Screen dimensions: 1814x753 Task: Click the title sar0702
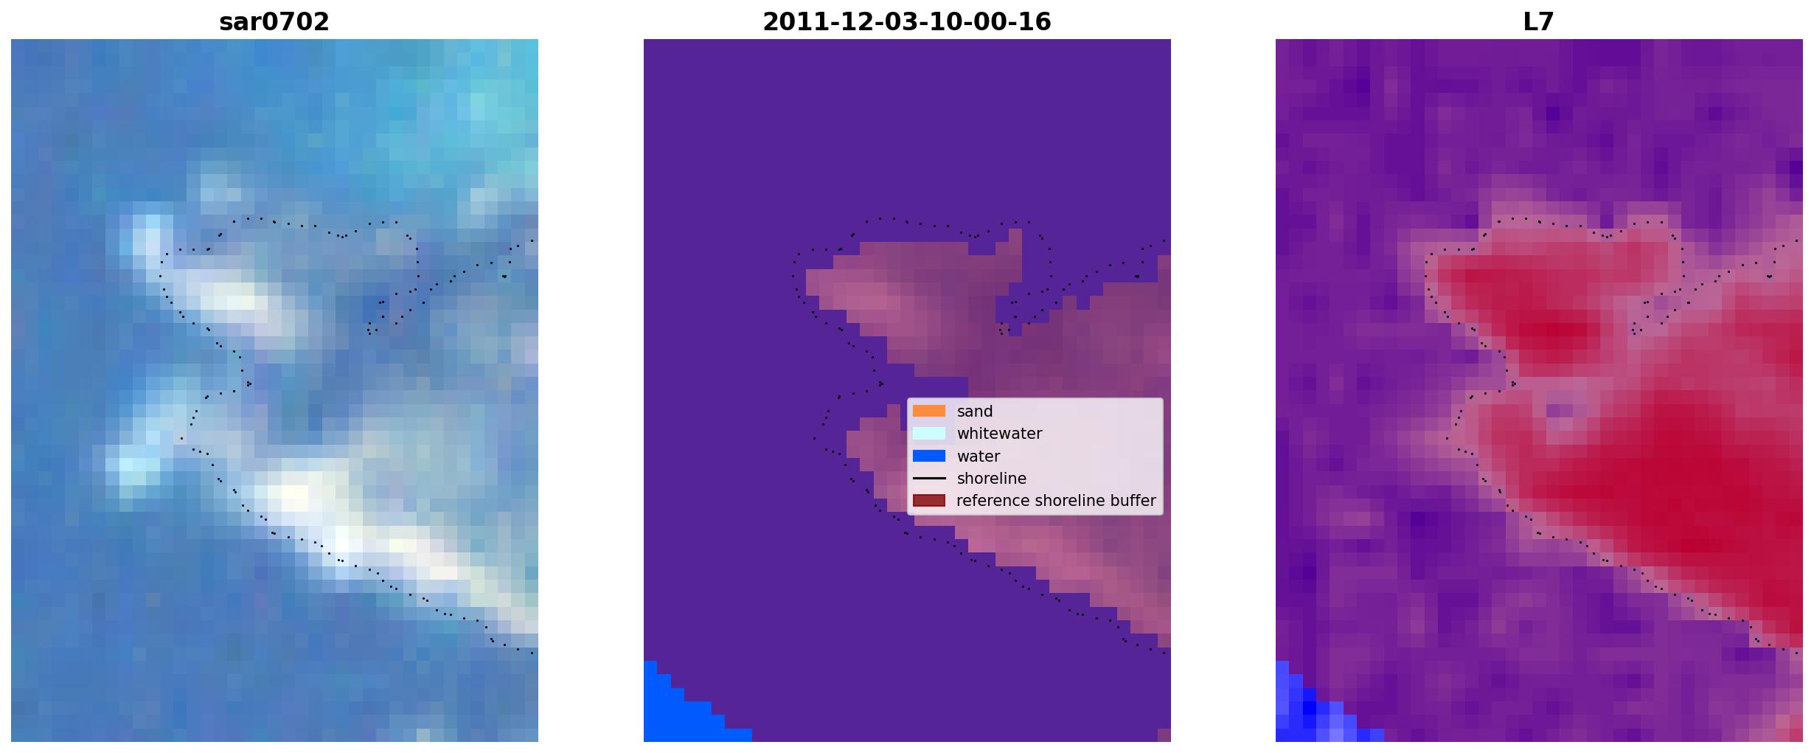coord(274,21)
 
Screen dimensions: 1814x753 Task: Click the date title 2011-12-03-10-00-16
coord(907,21)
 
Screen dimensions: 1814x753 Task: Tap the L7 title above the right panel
coord(1539,21)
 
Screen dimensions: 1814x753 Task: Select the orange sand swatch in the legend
coord(929,411)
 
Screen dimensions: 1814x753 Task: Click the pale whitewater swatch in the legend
coord(929,433)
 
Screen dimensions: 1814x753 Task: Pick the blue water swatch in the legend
coord(929,456)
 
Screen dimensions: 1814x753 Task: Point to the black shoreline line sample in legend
coord(929,479)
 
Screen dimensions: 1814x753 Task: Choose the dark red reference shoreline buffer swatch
coord(929,501)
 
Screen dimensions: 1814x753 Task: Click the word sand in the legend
coord(975,412)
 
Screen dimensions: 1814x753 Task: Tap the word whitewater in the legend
coord(999,434)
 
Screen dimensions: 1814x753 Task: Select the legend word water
coord(979,457)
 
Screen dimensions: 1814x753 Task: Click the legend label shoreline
coord(992,479)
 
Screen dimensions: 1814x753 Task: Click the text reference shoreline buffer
coord(1056,501)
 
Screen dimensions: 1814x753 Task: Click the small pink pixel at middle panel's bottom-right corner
coord(1164,735)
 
